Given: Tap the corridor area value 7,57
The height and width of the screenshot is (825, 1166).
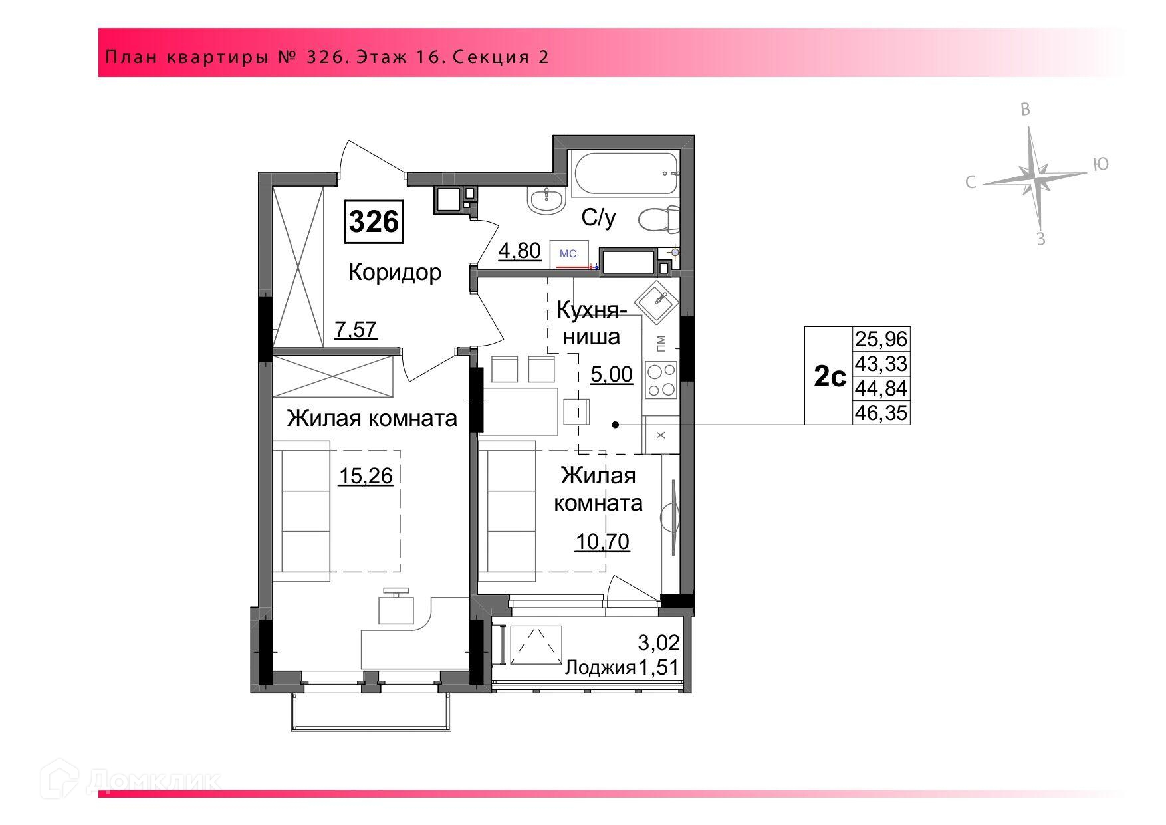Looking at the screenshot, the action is [356, 330].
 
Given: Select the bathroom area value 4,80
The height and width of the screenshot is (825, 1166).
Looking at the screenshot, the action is [520, 251].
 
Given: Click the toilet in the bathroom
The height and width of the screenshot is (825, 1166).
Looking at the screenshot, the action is [659, 219].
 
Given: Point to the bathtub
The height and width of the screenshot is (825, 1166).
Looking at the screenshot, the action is [624, 174].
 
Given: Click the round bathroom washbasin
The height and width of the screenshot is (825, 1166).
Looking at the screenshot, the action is [546, 199].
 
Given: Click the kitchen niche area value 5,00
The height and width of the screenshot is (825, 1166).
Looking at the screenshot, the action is [612, 374].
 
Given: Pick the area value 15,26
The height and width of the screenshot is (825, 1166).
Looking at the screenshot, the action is [366, 476].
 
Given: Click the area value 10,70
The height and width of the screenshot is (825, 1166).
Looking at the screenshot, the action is [602, 542].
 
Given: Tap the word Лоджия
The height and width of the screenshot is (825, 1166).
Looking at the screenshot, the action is [600, 667].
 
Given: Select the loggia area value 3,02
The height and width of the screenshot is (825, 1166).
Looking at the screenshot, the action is [659, 643].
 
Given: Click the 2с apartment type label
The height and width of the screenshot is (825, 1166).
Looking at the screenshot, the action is [830, 378].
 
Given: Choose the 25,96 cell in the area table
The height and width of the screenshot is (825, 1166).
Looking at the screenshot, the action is [881, 339].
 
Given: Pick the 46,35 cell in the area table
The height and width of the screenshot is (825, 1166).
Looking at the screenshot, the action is [881, 413].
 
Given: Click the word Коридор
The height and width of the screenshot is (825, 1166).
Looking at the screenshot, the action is [395, 272].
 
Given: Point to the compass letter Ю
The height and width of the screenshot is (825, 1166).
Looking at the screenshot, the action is [1101, 164].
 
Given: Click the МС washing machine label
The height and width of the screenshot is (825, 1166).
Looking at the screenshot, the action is [568, 253].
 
